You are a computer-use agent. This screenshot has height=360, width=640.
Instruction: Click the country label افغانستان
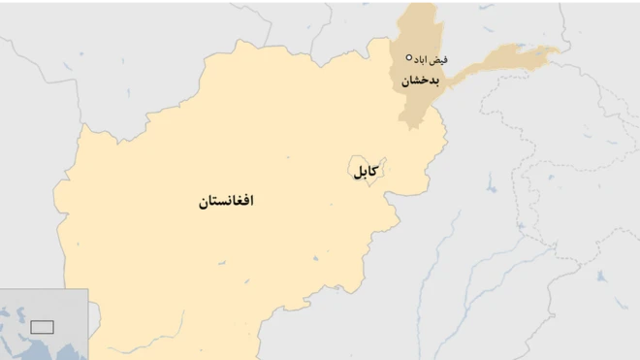pos(226,202)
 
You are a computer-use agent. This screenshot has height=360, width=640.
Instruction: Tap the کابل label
pos(366,172)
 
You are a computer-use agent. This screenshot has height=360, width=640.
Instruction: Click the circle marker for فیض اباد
pos(409,57)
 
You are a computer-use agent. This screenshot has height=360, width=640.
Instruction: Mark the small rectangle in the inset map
pos(41,326)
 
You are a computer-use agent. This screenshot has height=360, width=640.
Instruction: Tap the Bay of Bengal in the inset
pos(81,353)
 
